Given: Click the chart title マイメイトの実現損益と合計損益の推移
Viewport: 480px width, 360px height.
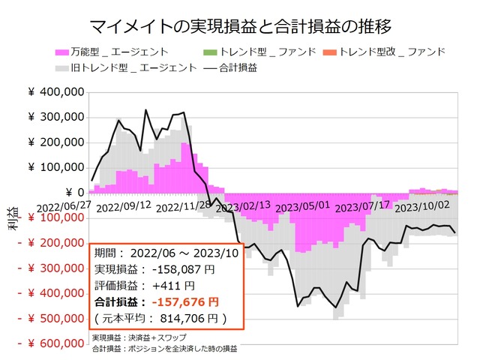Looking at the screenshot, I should click(240, 28).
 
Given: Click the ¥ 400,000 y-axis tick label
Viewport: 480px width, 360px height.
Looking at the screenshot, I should click(55, 92).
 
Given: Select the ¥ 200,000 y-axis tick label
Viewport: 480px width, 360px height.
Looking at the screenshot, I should click(55, 142).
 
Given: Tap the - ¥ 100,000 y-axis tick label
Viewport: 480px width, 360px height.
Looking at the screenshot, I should click(50, 218).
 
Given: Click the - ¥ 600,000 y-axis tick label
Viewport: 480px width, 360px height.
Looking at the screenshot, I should click(50, 344).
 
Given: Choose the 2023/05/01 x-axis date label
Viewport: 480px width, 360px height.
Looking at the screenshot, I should click(302, 205).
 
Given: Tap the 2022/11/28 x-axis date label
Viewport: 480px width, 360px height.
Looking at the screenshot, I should click(183, 205).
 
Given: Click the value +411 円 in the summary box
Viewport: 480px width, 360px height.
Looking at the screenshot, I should click(175, 285).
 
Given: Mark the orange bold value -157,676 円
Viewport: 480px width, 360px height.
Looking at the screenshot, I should click(185, 301).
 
